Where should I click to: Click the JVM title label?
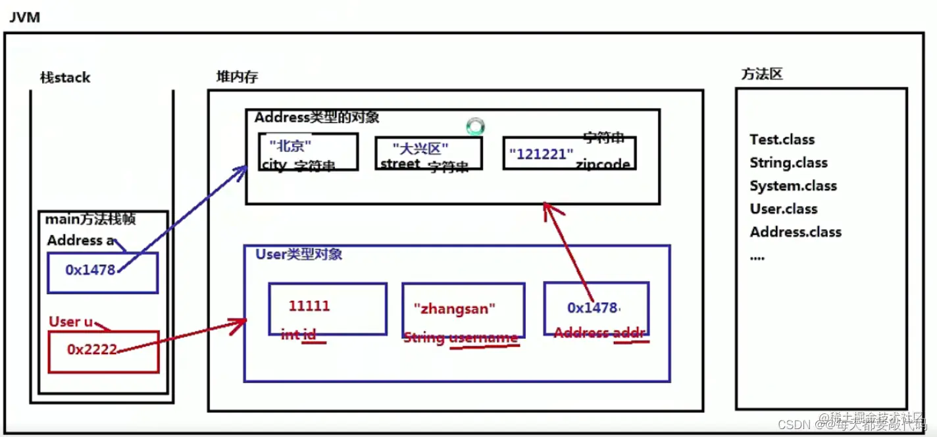click(24, 17)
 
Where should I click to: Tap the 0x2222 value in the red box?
click(91, 349)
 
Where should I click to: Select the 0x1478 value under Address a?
click(90, 269)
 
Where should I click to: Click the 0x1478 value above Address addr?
click(593, 307)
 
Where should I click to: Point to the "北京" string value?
click(290, 145)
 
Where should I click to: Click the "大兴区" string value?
click(420, 148)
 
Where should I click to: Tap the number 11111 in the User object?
click(309, 306)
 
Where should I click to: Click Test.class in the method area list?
click(782, 140)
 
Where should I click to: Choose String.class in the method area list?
click(788, 163)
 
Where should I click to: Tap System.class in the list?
click(793, 186)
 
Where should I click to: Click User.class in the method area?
click(783, 209)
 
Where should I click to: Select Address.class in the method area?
click(796, 232)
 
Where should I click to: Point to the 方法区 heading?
click(762, 74)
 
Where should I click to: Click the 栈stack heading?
click(64, 78)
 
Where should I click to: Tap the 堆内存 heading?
click(237, 77)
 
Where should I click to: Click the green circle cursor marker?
click(475, 126)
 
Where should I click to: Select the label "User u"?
click(70, 322)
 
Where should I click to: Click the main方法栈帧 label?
click(89, 220)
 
